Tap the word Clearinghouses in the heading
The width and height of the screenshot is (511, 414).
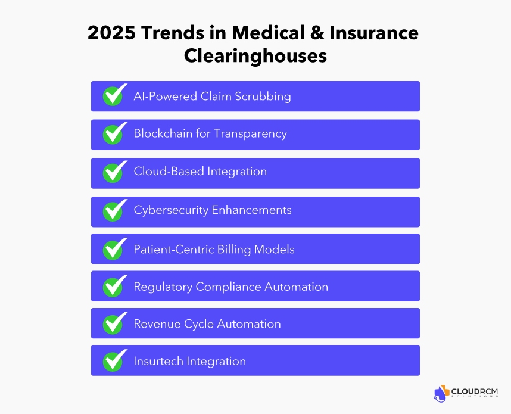point(255,55)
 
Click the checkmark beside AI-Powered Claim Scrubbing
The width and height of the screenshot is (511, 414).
point(114,96)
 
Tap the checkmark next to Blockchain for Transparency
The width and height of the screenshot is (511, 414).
point(114,134)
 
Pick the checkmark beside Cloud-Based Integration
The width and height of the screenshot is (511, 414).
point(114,172)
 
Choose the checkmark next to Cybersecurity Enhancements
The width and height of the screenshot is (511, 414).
point(114,211)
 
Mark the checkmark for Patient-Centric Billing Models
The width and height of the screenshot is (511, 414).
point(114,248)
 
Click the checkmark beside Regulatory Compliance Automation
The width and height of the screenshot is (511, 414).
point(114,286)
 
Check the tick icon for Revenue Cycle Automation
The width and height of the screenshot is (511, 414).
point(114,323)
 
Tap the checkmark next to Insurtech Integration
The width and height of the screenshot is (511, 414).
point(114,361)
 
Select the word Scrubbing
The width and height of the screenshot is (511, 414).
point(264,97)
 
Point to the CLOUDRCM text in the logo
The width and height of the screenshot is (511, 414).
point(475,391)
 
